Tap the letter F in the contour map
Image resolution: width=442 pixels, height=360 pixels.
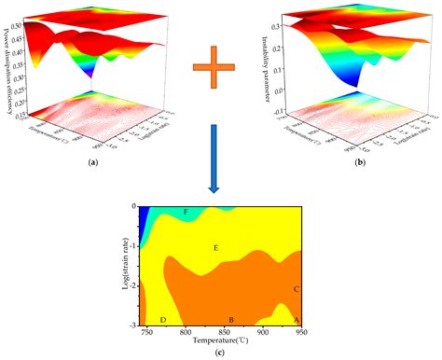coord(186,214)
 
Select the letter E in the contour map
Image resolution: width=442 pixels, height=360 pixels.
coord(215,248)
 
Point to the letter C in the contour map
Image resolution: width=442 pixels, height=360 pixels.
coord(296,289)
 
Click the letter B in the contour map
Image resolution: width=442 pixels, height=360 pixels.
coord(231,320)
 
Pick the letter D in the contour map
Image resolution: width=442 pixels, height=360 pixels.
coord(163,320)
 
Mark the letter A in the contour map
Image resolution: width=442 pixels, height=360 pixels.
coord(297,320)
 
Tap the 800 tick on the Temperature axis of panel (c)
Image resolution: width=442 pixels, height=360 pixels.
coord(186,332)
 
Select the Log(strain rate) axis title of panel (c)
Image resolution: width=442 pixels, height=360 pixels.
coord(120,265)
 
